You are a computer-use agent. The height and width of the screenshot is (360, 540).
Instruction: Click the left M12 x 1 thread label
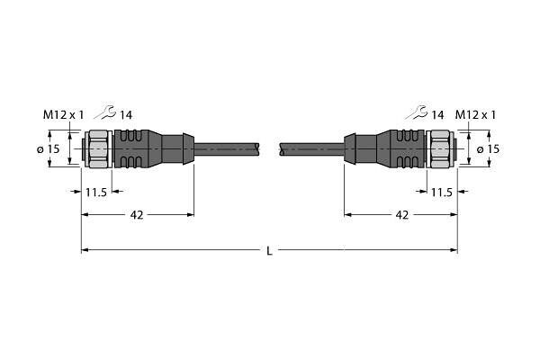click(63, 114)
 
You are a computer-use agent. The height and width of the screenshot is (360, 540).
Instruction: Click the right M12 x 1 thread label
click(475, 114)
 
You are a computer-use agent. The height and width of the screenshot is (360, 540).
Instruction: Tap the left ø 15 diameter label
click(49, 149)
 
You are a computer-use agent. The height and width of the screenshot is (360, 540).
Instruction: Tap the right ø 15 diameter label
click(489, 149)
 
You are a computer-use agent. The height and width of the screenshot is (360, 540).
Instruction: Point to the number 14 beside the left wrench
click(126, 115)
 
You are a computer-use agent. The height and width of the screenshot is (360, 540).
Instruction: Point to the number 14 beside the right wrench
click(437, 115)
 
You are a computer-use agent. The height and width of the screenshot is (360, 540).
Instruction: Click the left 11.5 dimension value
click(96, 193)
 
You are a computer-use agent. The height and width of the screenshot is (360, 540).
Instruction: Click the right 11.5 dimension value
click(442, 193)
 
